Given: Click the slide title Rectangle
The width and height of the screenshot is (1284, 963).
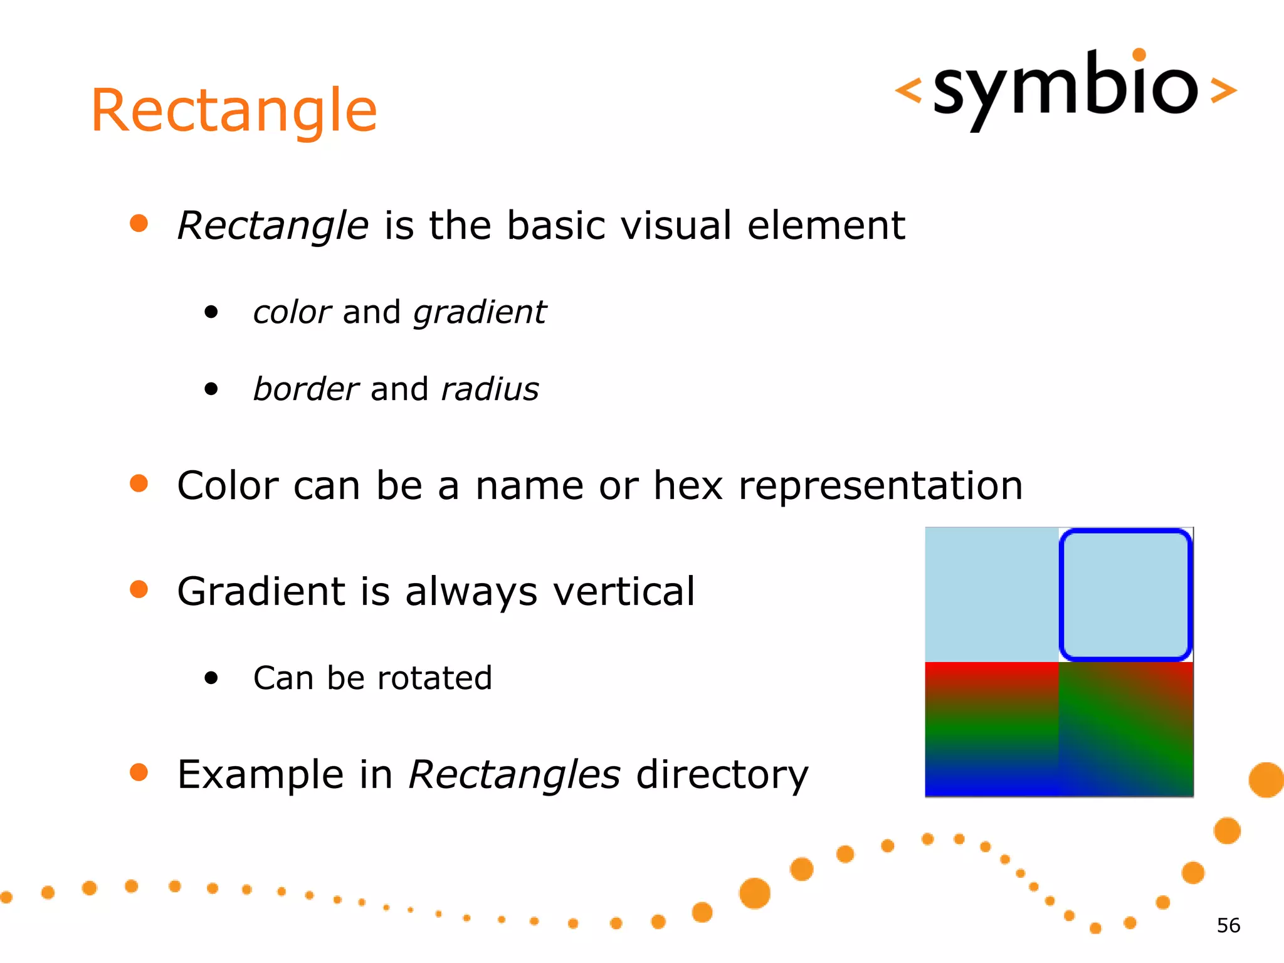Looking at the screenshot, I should pyautogui.click(x=234, y=111).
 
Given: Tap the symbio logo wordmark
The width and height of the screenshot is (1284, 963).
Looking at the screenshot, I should pyautogui.click(x=1065, y=88).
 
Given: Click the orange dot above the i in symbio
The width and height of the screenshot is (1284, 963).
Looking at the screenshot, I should pyautogui.click(x=1139, y=55).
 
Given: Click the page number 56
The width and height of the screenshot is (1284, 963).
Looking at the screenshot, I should pyautogui.click(x=1228, y=925).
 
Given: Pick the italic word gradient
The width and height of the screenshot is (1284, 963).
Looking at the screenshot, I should pyautogui.click(x=480, y=312).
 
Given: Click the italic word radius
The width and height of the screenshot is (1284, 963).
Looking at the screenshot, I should pyautogui.click(x=490, y=389).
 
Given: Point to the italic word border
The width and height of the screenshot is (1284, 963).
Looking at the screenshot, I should pyautogui.click(x=305, y=389).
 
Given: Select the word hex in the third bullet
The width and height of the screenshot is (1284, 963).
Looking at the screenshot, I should pyautogui.click(x=688, y=486).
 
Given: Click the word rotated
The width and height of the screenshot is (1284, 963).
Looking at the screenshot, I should pyautogui.click(x=434, y=678).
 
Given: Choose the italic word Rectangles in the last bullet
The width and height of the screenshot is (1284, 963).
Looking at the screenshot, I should pyautogui.click(x=514, y=775).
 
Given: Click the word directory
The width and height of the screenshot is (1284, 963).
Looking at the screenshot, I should pyautogui.click(x=722, y=775).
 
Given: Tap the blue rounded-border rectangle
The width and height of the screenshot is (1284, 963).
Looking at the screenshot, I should pyautogui.click(x=1125, y=594).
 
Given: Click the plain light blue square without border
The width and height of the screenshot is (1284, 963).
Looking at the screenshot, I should pyautogui.click(x=992, y=594).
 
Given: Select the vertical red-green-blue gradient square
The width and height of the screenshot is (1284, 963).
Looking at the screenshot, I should pyautogui.click(x=992, y=729).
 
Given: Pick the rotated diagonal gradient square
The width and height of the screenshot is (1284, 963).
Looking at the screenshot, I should pyautogui.click(x=1126, y=729).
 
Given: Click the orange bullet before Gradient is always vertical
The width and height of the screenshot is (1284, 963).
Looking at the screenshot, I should pyautogui.click(x=139, y=589).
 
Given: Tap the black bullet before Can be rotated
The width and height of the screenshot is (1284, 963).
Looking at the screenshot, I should pyautogui.click(x=211, y=678).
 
